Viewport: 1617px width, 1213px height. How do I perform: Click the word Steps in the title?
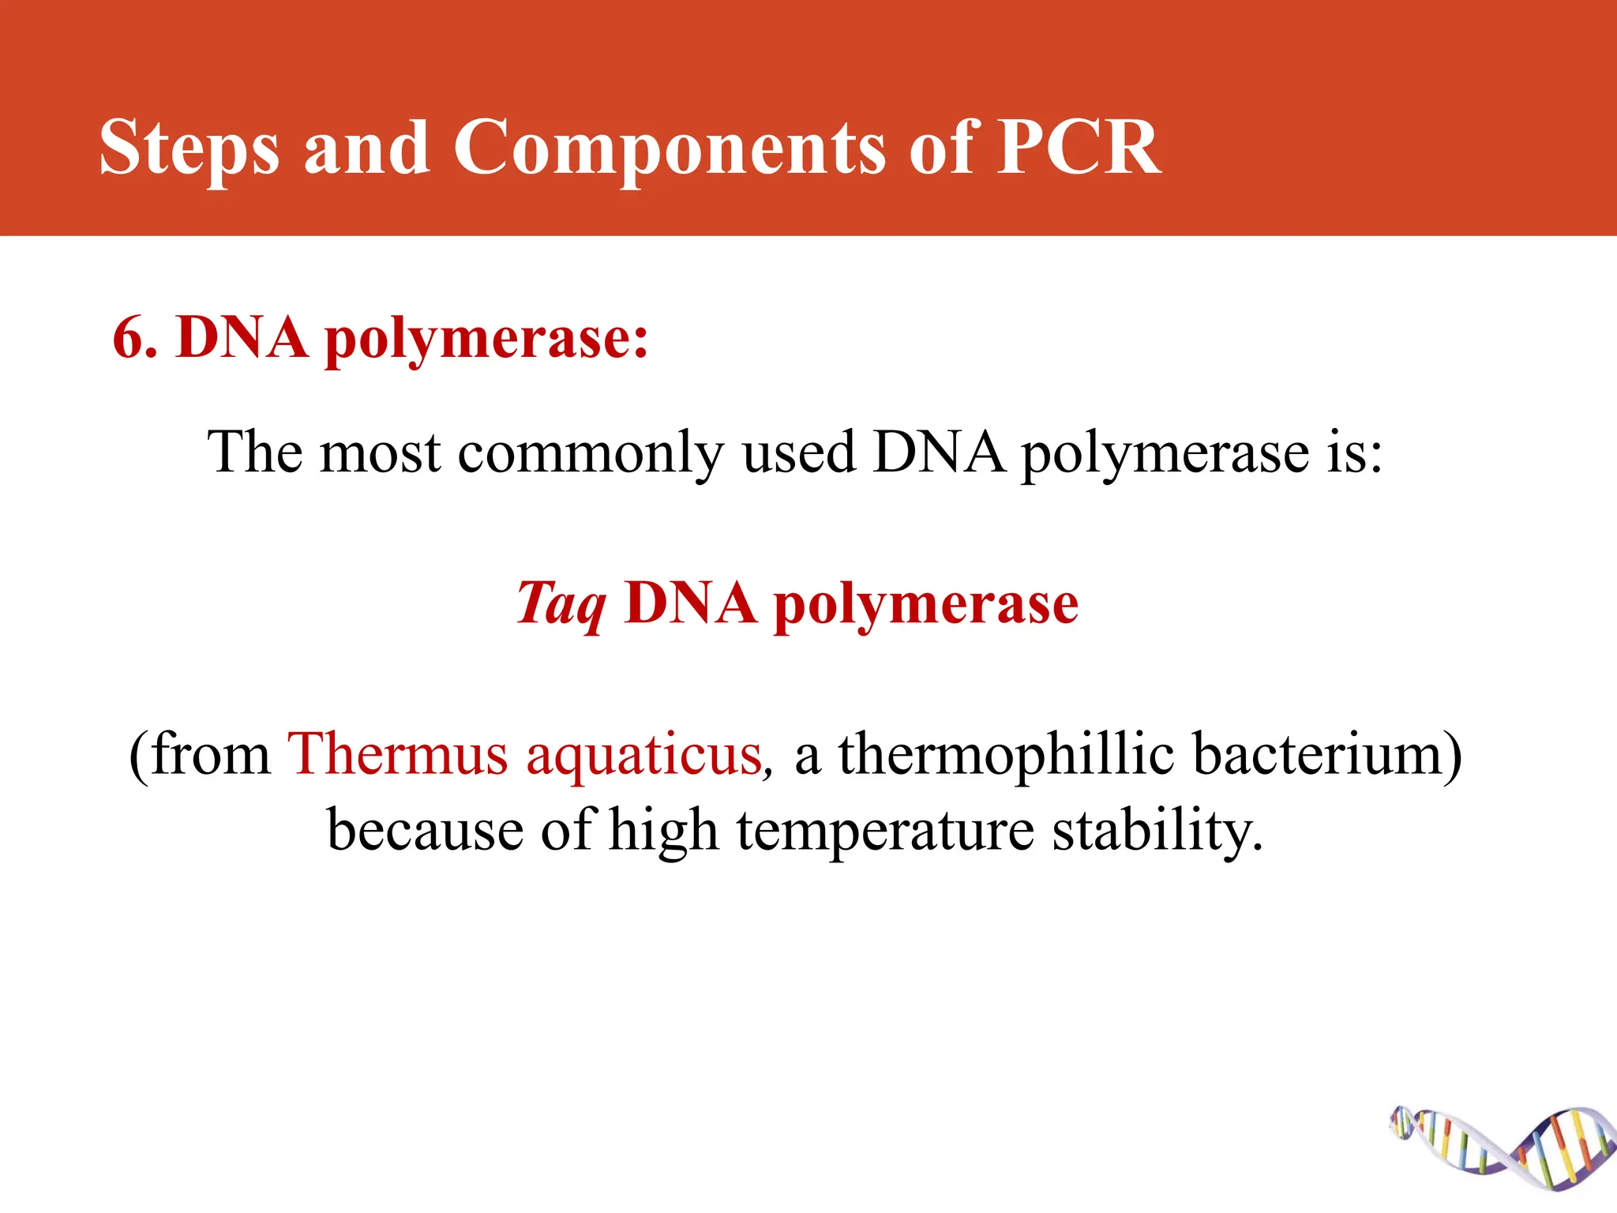pyautogui.click(x=189, y=148)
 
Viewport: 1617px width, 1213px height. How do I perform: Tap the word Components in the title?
pyautogui.click(x=670, y=148)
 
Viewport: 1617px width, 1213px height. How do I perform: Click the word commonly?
pyautogui.click(x=590, y=455)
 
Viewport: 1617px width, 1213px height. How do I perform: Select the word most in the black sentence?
pyautogui.click(x=380, y=453)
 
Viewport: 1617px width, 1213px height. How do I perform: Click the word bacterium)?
pyautogui.click(x=1326, y=755)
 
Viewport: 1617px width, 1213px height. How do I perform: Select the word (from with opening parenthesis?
pyautogui.click(x=201, y=755)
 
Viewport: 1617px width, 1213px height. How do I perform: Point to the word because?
pyautogui.click(x=425, y=831)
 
